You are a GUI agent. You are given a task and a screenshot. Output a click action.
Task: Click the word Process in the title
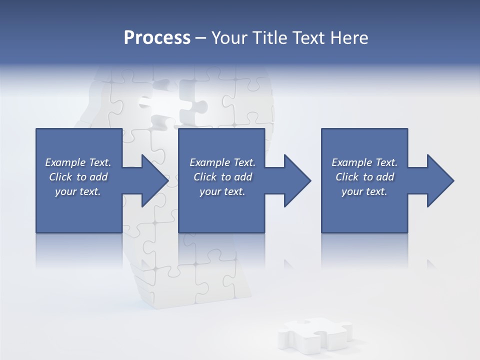point(157,38)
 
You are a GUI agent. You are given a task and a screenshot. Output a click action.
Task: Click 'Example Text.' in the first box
point(78,162)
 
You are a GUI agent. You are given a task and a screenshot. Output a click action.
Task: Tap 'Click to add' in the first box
point(78,177)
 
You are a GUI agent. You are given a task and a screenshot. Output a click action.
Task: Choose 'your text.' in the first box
point(78,191)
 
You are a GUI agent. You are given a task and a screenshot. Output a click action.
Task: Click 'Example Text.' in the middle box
point(222,162)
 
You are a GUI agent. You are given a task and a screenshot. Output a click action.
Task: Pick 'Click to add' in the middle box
point(222,177)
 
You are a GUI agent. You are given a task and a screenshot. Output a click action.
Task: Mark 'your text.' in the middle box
point(222,191)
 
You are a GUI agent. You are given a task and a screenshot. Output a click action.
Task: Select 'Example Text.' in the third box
point(364,162)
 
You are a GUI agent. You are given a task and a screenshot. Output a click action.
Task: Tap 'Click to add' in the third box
point(364,177)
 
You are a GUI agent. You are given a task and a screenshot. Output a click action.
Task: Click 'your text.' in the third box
point(364,191)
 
